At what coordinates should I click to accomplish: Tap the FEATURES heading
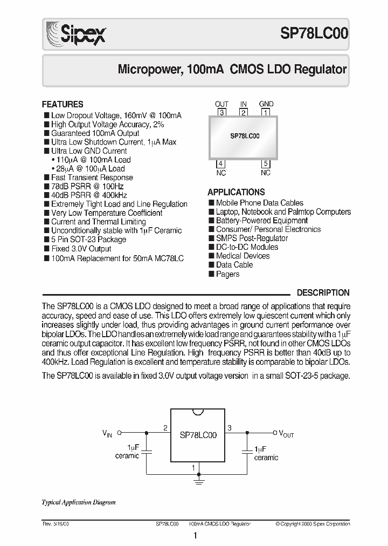click(63, 104)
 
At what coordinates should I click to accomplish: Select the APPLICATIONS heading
click(236, 192)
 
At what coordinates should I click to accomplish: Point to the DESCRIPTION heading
click(323, 292)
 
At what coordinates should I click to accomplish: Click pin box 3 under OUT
click(221, 113)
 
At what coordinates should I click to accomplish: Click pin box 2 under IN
click(244, 113)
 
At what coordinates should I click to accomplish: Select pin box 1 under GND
click(266, 113)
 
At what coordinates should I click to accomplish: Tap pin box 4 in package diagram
click(221, 164)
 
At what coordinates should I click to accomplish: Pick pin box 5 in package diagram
click(265, 164)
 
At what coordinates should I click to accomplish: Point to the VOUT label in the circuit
click(286, 433)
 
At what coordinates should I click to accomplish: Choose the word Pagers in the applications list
click(227, 274)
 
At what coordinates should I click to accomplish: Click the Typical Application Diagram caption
click(79, 502)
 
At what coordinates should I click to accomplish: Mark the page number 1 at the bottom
click(195, 536)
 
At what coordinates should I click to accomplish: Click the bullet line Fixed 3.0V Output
click(81, 249)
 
